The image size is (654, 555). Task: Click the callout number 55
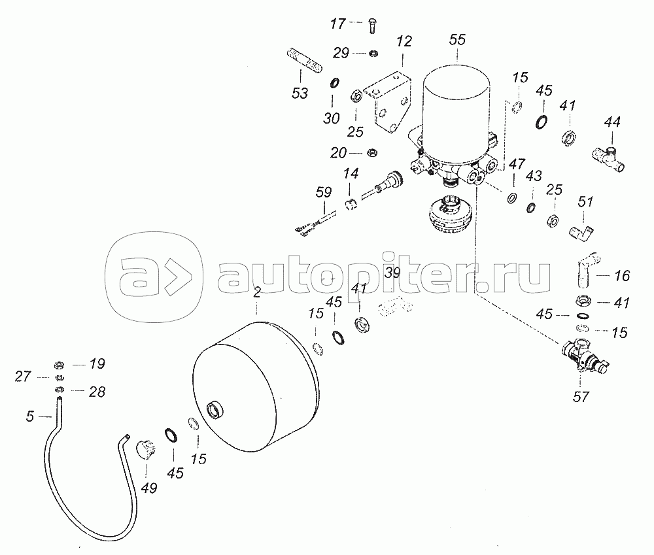[x=457, y=40]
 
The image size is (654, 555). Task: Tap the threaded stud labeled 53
[x=304, y=61]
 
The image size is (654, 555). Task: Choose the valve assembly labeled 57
[x=585, y=355]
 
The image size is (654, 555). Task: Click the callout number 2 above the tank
[x=257, y=292]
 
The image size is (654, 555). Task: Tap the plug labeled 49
[x=146, y=451]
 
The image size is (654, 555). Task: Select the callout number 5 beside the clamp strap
[x=29, y=416]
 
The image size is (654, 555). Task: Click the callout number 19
[x=97, y=363]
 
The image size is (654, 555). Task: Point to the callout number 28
[x=97, y=392]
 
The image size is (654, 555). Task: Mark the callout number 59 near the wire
[x=324, y=192]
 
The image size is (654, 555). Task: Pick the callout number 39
[x=392, y=273]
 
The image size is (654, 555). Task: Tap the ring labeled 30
[x=334, y=83]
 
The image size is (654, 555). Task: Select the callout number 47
[x=517, y=164]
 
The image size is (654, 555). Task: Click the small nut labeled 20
[x=371, y=153]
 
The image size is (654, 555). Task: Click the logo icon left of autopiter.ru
[x=154, y=277]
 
